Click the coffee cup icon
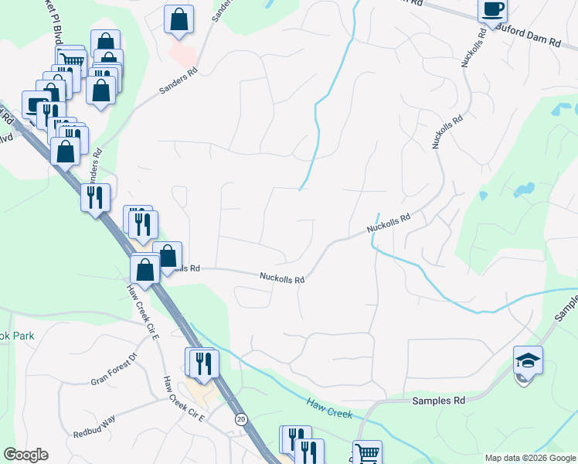492,10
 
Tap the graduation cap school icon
528,361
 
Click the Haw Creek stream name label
329,408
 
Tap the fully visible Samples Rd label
439,401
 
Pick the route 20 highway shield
242,418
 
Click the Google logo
25,455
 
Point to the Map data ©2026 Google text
530,458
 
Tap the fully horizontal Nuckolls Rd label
282,277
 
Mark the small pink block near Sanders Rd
182,54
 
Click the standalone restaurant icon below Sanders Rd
95,198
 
